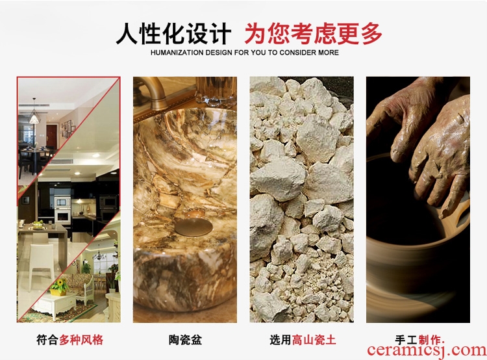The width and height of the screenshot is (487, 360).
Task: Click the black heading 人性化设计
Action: [x=173, y=33]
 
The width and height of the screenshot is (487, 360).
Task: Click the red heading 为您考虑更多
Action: [x=313, y=33]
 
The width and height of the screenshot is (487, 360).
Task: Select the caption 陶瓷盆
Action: [x=185, y=339]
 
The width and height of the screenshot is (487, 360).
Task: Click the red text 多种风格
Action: [x=81, y=339]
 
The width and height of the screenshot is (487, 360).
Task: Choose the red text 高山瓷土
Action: [x=314, y=339]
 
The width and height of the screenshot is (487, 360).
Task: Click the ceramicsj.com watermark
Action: [x=427, y=351]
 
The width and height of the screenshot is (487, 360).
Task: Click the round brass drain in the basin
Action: [x=194, y=226]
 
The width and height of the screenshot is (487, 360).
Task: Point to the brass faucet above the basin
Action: [x=151, y=94]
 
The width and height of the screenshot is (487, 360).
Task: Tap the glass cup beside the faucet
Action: [x=216, y=91]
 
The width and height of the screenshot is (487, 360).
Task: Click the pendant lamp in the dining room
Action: [x=34, y=115]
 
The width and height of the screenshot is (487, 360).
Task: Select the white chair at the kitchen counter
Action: [x=42, y=263]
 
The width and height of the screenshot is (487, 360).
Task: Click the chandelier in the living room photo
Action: [x=99, y=255]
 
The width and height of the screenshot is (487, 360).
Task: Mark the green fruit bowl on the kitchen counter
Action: [x=38, y=224]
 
